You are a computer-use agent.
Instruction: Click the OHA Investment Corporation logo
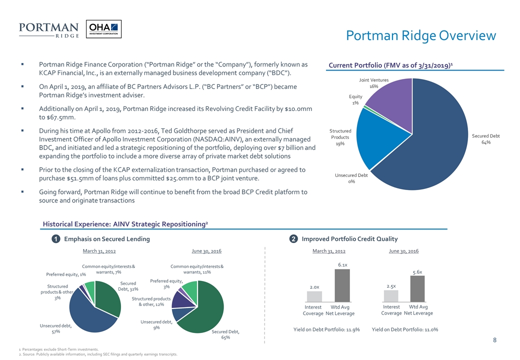[x=103, y=29]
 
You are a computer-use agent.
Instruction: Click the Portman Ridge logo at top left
[x=48, y=29]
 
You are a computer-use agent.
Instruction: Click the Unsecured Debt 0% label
[x=351, y=178]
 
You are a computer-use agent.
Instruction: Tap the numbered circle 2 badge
[x=292, y=239]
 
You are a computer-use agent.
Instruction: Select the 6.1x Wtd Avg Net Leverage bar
[x=342, y=285]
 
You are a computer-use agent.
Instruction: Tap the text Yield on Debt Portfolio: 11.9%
[x=326, y=329]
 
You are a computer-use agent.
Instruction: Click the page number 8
[x=494, y=340]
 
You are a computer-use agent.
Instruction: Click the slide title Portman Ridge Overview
[x=421, y=35]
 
